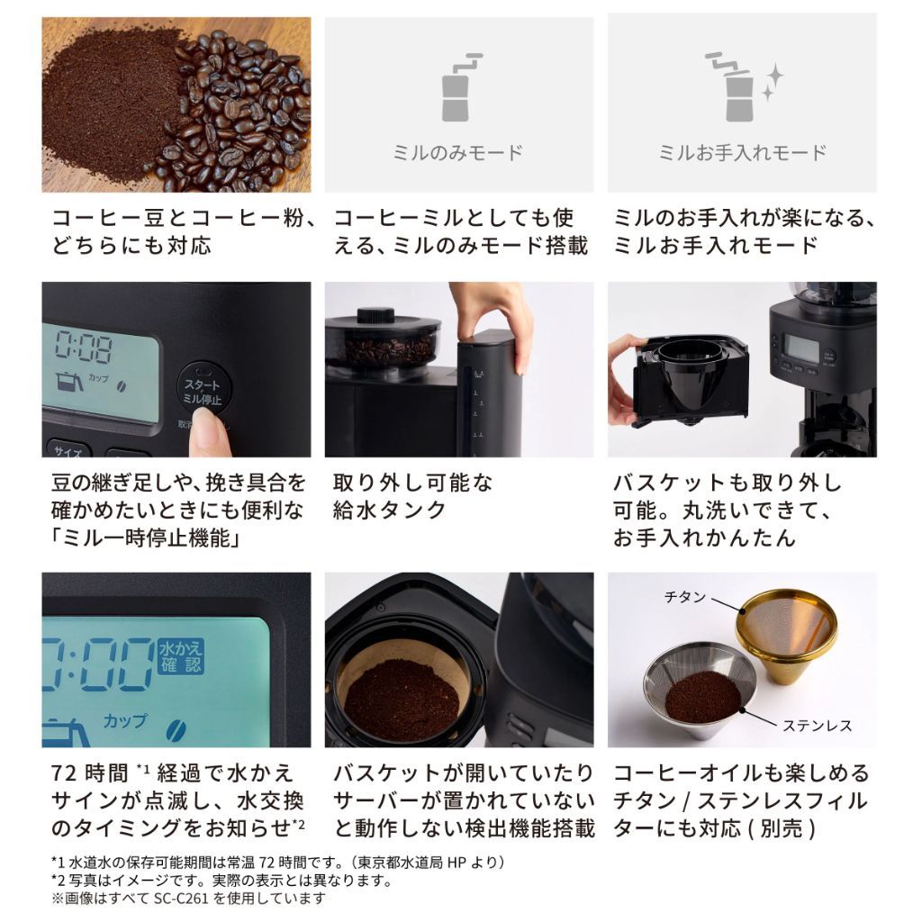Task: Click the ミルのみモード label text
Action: pos(458,152)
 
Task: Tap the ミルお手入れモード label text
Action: pos(742,152)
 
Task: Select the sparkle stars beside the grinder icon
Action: pos(772,82)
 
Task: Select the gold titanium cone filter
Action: pos(786,631)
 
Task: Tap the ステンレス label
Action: pos(817,725)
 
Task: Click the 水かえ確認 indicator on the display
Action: pos(182,656)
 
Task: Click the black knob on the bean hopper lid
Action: pos(375,316)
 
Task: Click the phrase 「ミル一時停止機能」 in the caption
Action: pos(149,538)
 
